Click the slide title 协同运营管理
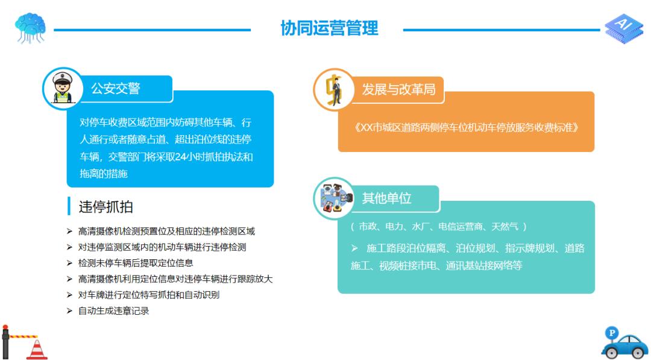329,28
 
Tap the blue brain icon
30,27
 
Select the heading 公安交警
115,89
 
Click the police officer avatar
62,88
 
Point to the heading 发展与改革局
398,89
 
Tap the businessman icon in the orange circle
333,89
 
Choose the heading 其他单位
386,198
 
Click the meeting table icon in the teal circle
333,198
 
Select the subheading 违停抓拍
105,207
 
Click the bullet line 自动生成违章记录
113,311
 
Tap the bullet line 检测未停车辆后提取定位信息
136,263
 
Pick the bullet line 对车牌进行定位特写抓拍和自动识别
148,295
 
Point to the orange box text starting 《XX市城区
466,128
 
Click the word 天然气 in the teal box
505,227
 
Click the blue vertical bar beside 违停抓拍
69,206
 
